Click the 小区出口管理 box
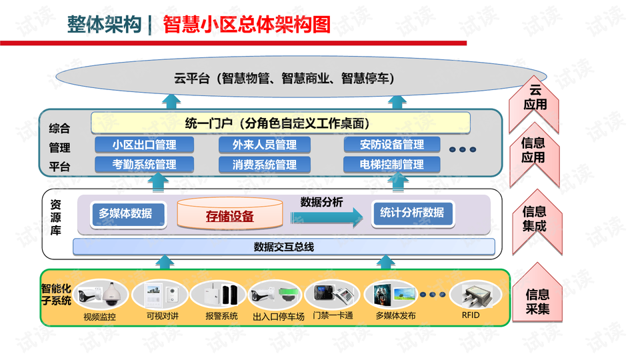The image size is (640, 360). (x=144, y=145)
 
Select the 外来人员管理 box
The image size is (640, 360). (x=265, y=145)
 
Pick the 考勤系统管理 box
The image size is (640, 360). (x=144, y=164)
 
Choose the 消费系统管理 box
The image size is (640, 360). (x=265, y=164)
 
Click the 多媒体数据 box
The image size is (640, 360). (x=126, y=213)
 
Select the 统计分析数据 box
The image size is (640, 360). (x=412, y=213)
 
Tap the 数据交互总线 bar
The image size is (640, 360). (x=283, y=247)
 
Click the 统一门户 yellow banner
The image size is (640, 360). (x=280, y=123)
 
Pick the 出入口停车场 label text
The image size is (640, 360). (x=279, y=316)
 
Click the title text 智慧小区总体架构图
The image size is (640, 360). (x=247, y=25)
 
